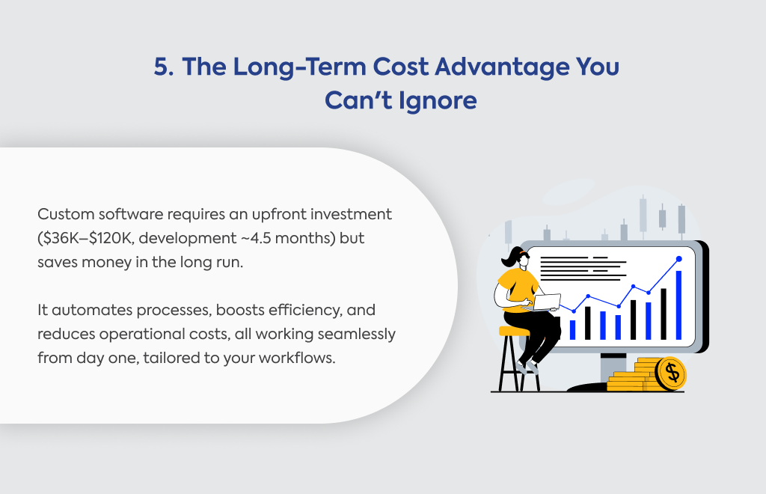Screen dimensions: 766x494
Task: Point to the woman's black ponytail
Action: (509, 257)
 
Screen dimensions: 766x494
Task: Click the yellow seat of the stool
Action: (514, 332)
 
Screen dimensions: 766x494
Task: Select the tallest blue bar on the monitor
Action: (678, 305)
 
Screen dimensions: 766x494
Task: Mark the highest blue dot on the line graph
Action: (678, 258)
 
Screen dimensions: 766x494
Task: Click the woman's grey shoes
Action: (527, 367)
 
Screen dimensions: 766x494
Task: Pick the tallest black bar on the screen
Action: (664, 314)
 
